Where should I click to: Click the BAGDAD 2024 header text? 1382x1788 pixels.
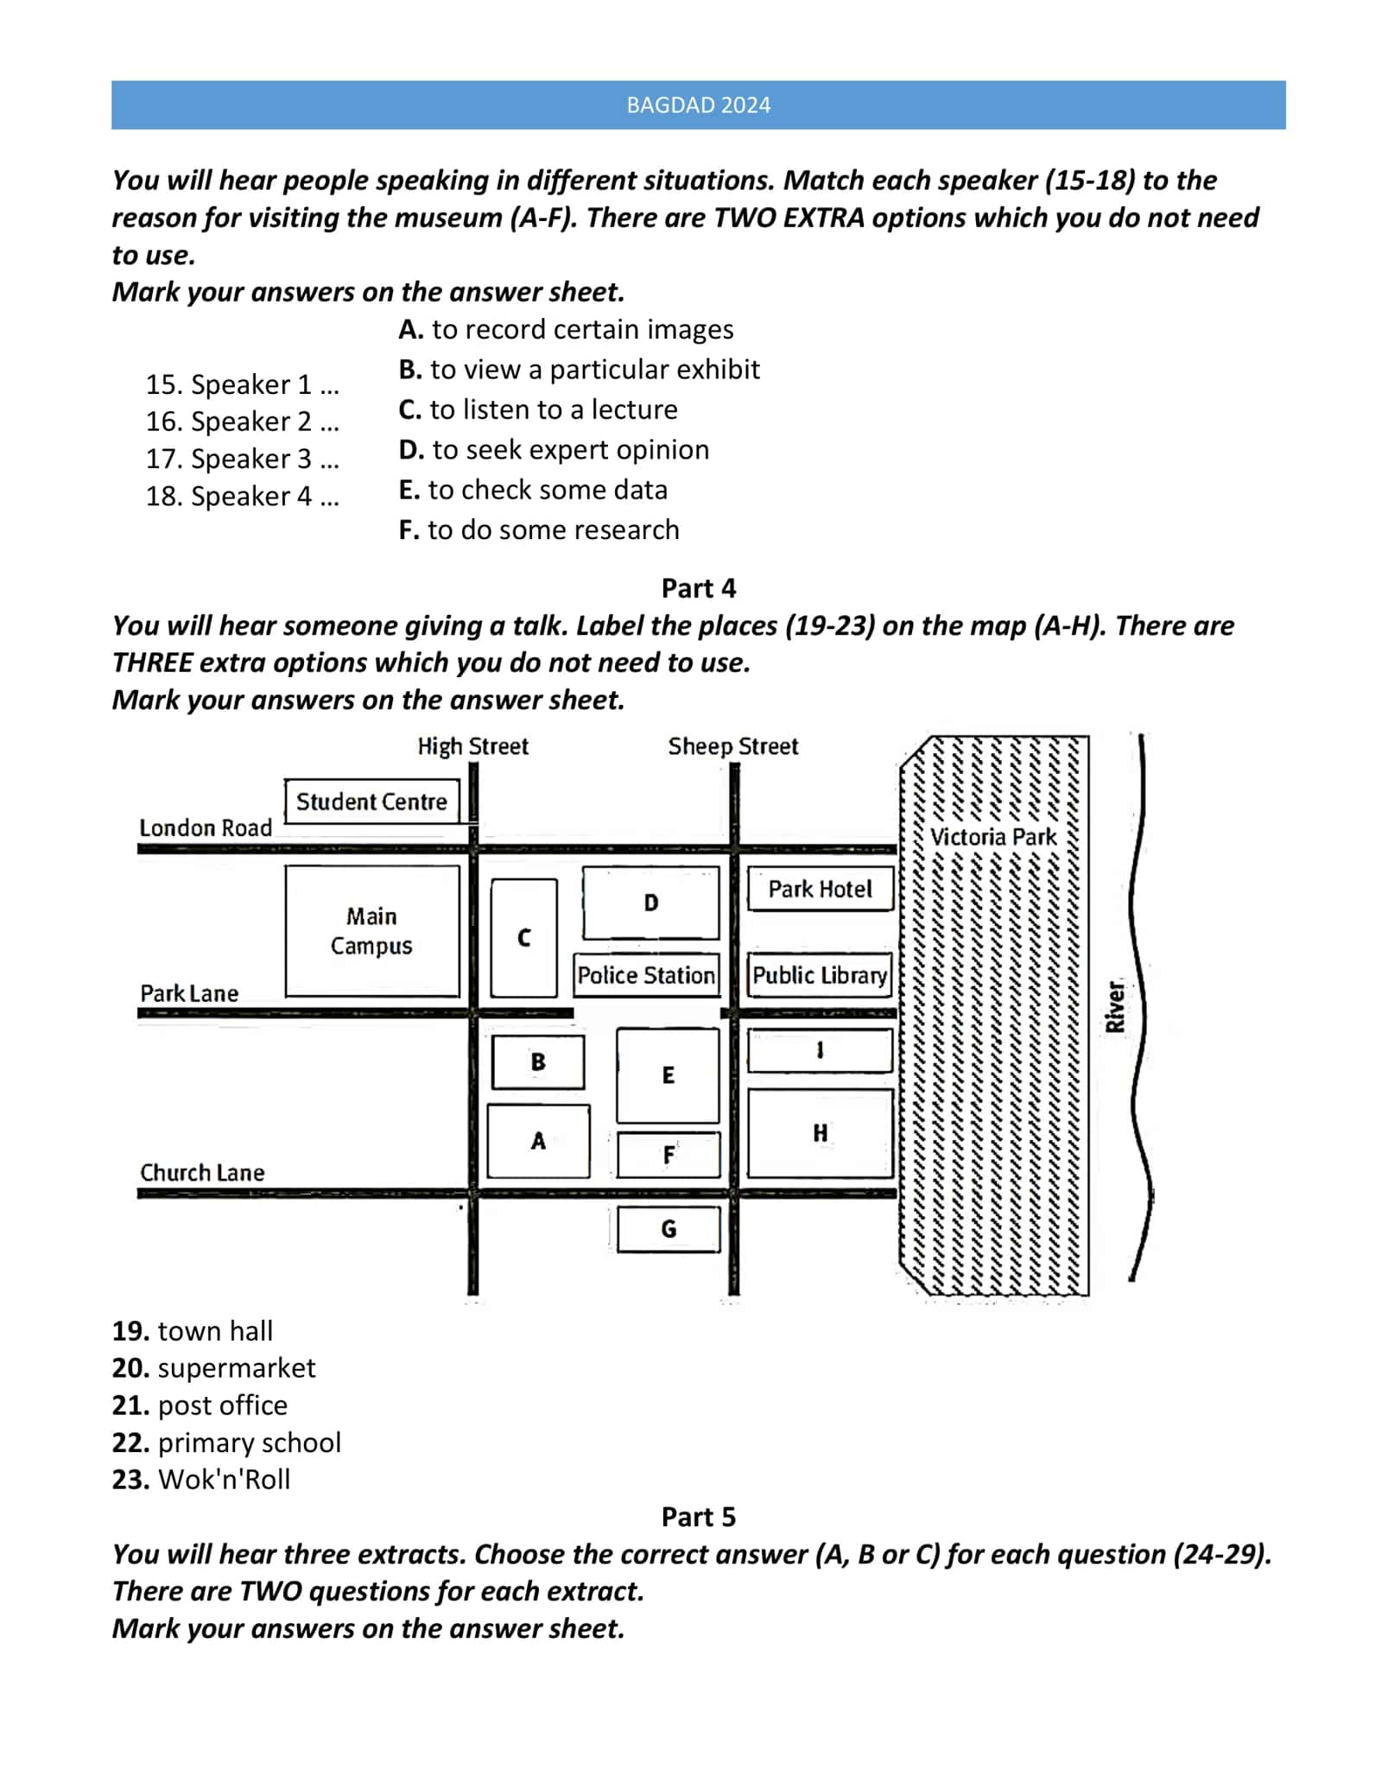coord(698,105)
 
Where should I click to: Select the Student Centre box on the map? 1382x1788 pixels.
coord(371,801)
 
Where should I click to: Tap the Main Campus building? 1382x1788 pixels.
coord(372,931)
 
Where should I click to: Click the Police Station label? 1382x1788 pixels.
coord(646,975)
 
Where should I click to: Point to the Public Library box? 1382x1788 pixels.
coord(820,975)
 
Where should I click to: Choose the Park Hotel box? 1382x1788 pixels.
coord(820,889)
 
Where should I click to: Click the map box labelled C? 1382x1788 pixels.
coord(523,938)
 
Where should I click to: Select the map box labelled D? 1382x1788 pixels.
coord(650,903)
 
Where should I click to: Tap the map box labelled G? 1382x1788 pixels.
coord(669,1229)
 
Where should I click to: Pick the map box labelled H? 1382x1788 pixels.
coord(820,1133)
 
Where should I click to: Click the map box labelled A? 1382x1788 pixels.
coord(538,1141)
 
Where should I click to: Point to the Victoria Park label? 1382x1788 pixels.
coord(993,837)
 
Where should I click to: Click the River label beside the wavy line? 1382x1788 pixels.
coord(1115,1006)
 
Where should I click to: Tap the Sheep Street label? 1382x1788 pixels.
coord(732,746)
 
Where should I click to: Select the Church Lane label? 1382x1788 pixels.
coord(202,1173)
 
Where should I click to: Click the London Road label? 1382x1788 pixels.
coord(206,827)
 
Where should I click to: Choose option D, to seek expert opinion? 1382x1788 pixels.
coord(554,450)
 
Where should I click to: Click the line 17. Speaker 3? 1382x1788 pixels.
coord(243,459)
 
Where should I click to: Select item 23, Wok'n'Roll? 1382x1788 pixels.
coord(200,1480)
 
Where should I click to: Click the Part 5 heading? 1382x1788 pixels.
coord(698,1517)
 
